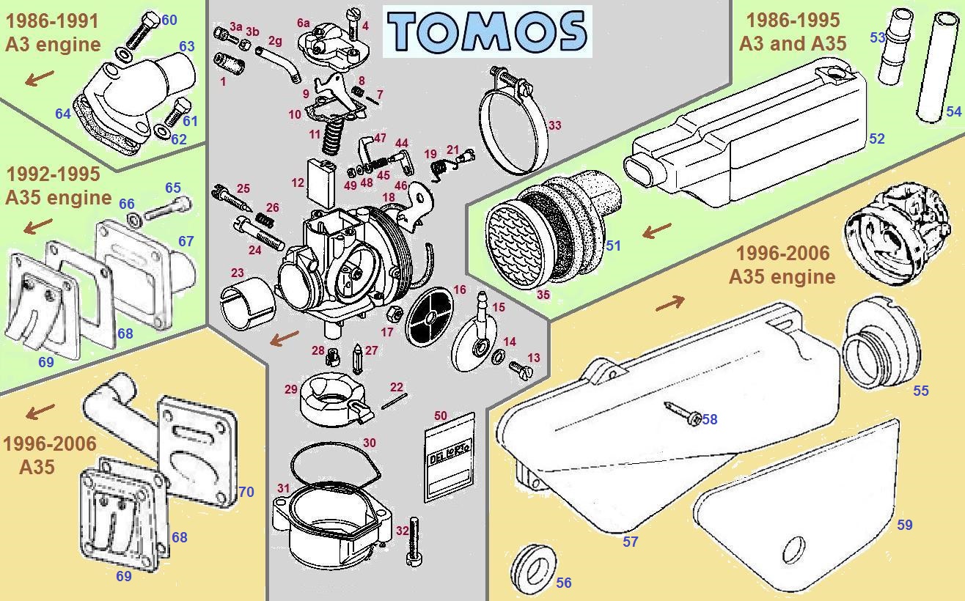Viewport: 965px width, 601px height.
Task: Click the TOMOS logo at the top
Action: pos(488,32)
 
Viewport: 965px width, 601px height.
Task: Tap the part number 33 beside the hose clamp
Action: pos(554,125)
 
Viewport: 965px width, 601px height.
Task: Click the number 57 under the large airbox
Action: pos(630,542)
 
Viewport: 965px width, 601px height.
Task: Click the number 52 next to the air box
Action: pos(876,139)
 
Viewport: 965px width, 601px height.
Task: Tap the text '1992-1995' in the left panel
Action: pos(43,175)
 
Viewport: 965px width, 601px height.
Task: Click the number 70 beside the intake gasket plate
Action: pos(246,492)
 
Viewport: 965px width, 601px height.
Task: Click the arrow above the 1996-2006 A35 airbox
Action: pos(670,302)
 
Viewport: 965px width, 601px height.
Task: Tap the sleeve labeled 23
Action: pos(245,303)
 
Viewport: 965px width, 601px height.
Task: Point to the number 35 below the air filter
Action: pos(543,295)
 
